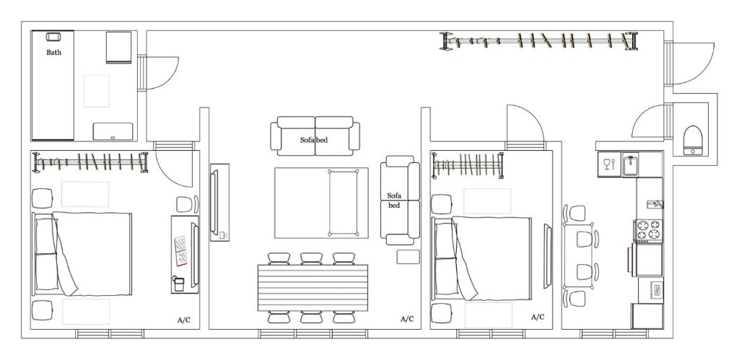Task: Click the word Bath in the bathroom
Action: [x=53, y=52]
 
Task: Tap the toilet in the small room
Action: [x=693, y=141]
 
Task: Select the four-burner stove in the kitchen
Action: [x=649, y=230]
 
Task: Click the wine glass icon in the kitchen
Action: [x=609, y=164]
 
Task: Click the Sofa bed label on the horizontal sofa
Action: [x=314, y=140]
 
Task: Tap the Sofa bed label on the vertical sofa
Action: [x=393, y=201]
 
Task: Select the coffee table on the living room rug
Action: [x=344, y=202]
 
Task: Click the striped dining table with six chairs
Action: [x=312, y=287]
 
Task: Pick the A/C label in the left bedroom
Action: [x=184, y=320]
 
